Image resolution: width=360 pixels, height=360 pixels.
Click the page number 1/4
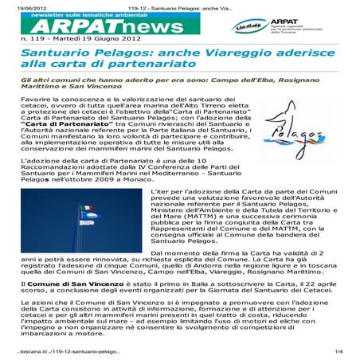point(338,351)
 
